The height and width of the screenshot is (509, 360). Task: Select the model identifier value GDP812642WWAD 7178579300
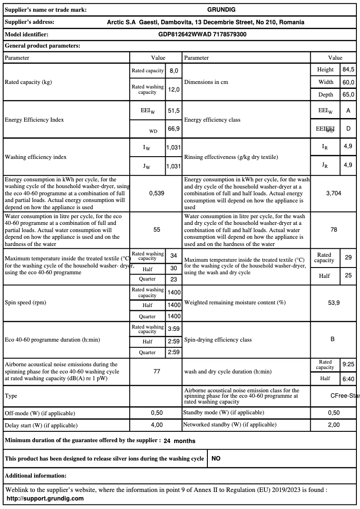click(x=202, y=34)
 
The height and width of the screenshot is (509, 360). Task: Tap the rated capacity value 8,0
click(x=174, y=71)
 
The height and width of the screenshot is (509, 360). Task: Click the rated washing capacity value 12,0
click(x=174, y=90)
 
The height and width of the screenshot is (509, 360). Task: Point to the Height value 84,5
click(x=348, y=70)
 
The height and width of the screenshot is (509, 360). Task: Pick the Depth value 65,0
click(x=348, y=95)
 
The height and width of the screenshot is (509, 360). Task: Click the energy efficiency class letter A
click(x=348, y=110)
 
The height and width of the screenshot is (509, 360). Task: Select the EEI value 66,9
click(x=174, y=129)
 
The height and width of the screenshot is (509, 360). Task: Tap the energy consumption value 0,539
click(x=157, y=193)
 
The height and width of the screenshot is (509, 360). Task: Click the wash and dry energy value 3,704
click(x=334, y=193)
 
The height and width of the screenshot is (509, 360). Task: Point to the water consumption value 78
click(x=334, y=229)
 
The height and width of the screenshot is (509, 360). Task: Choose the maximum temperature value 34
click(x=174, y=255)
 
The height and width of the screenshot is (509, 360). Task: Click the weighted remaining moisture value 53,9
click(x=334, y=303)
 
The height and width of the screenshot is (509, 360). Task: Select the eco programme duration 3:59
click(x=174, y=329)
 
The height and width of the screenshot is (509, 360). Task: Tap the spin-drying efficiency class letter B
click(x=333, y=339)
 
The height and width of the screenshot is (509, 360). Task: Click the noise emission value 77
click(x=157, y=372)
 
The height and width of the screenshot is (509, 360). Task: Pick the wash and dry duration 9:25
click(x=348, y=364)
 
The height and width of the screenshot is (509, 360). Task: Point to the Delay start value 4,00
click(x=157, y=425)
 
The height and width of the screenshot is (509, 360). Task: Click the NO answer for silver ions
click(x=216, y=459)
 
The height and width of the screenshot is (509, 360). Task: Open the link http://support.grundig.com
click(x=45, y=498)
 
